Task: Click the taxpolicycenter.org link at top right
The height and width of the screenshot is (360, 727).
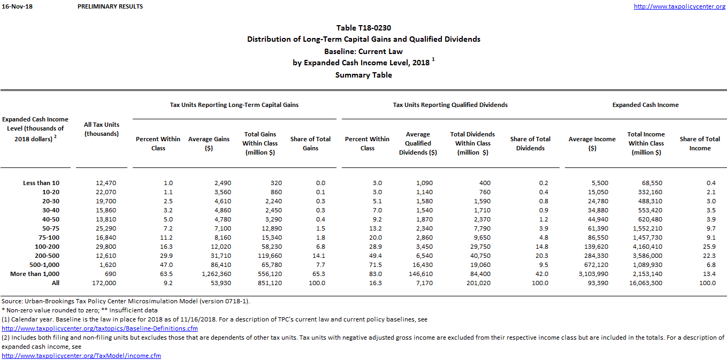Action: pos(679,6)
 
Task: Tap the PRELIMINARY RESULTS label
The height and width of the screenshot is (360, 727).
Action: pos(110,6)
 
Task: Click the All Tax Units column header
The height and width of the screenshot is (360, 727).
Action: pos(102,129)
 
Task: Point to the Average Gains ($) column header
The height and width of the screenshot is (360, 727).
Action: pos(209,143)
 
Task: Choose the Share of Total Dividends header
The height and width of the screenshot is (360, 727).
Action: pos(530,143)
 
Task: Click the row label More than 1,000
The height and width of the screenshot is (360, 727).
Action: pos(35,274)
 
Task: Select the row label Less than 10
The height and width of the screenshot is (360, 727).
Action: pos(41,183)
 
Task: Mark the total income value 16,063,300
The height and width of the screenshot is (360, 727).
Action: pos(646,283)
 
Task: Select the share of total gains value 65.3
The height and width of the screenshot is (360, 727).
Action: pos(317,274)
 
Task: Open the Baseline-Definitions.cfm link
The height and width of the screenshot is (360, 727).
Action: pos(100,328)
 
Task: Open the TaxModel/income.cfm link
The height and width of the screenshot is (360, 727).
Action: pos(81,356)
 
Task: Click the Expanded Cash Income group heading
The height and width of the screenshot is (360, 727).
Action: pos(645,105)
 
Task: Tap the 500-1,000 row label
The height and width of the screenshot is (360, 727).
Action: pos(41,265)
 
